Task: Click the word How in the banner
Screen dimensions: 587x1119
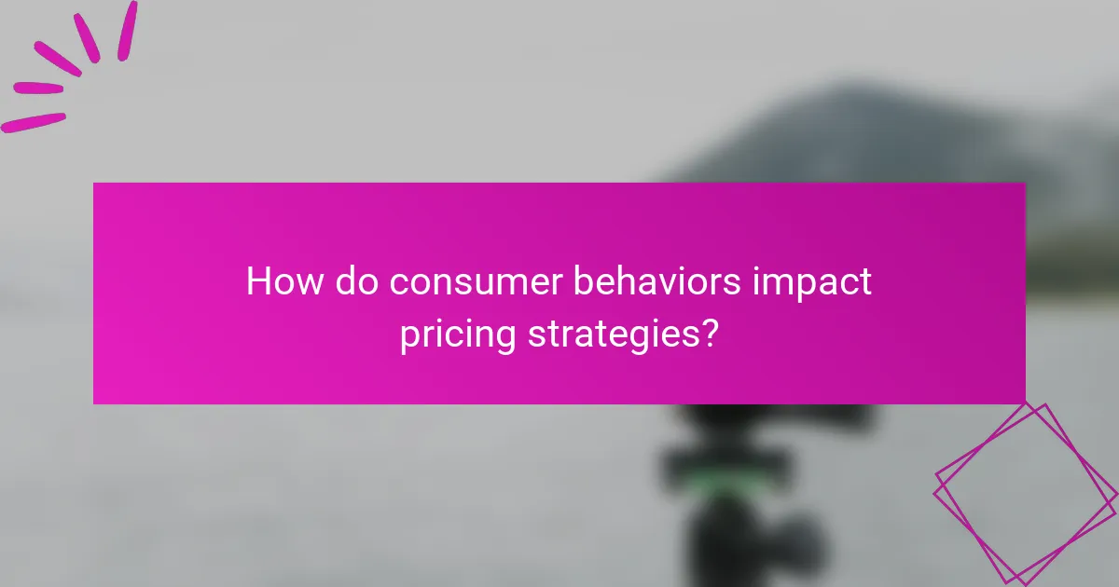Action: pos(277,281)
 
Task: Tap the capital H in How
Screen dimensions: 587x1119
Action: pos(257,281)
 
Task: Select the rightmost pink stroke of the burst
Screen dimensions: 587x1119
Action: pos(127,30)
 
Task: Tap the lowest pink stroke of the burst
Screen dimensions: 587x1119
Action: pos(34,122)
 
